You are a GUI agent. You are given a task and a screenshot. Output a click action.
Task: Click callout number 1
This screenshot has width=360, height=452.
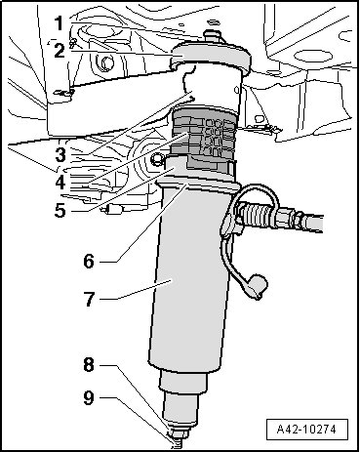point(59,22)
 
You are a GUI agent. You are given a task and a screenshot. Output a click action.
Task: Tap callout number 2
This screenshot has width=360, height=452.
point(60,51)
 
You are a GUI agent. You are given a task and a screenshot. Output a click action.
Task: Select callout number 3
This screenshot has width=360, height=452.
point(60,155)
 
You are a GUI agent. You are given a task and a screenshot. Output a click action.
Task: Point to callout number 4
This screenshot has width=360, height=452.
point(60,183)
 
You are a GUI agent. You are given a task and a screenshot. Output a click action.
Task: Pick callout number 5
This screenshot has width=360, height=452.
point(60,210)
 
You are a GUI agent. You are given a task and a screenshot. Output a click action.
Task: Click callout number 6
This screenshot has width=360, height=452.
point(89,261)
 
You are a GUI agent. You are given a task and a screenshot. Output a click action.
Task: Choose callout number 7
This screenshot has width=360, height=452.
point(89,299)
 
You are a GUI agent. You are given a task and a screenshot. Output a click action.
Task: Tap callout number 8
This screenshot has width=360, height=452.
point(89,364)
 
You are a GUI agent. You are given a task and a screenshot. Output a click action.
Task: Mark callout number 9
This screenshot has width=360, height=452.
point(89,397)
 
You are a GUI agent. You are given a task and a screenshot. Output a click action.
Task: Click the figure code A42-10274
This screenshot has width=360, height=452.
point(306,430)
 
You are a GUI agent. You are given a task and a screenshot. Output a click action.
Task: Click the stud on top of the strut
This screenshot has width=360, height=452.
point(211,36)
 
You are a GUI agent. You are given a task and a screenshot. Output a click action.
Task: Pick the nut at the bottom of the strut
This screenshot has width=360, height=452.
point(178,434)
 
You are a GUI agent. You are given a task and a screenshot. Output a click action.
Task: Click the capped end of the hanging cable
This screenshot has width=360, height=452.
point(259,286)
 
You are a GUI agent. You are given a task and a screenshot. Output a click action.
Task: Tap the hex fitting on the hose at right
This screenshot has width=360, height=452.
point(297,220)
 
